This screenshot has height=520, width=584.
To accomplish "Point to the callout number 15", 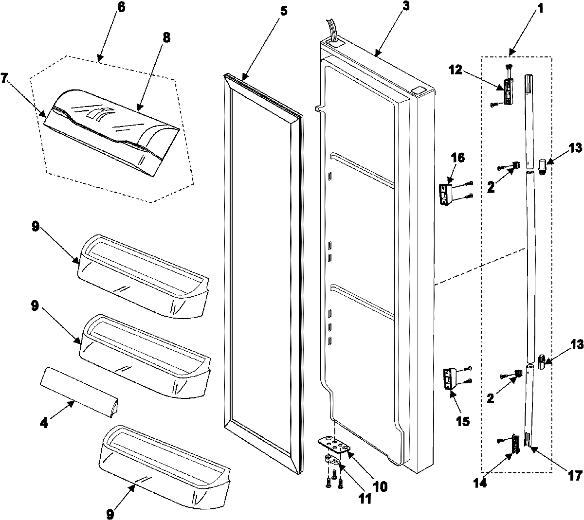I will (463, 420).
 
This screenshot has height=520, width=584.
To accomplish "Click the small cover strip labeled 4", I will (80, 392).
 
